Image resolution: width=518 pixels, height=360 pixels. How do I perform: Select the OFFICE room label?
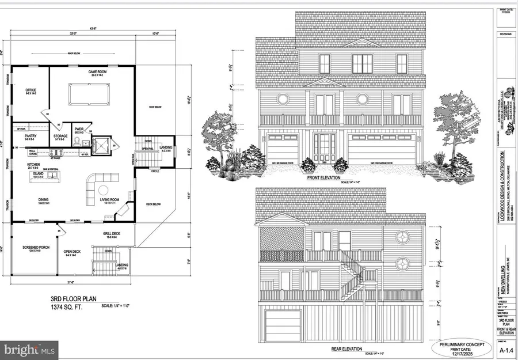point(31,92)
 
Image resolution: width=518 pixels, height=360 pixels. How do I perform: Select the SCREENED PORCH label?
point(32,248)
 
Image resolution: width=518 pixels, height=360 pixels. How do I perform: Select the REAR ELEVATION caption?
point(340,349)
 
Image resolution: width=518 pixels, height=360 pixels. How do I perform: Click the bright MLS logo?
point(29,348)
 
